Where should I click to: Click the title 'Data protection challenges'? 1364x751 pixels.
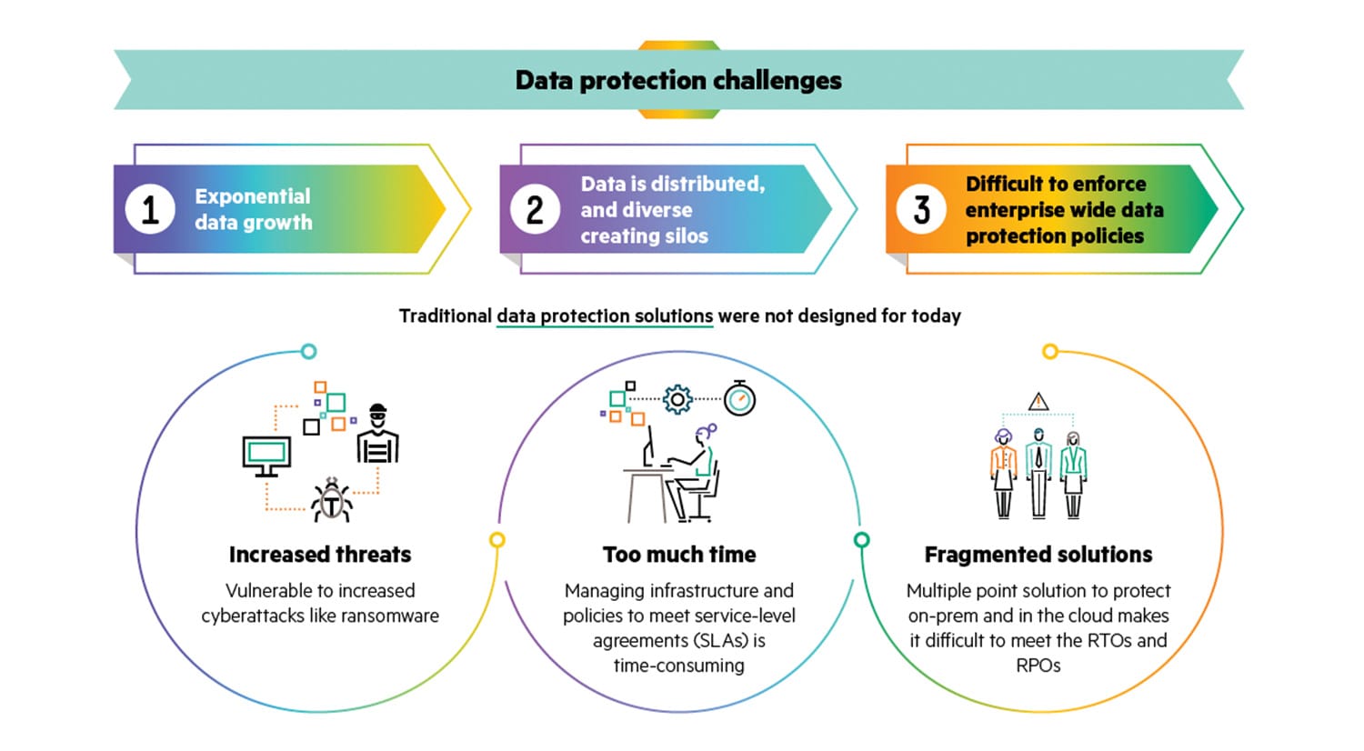(678, 81)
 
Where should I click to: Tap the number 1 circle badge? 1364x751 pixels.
(150, 209)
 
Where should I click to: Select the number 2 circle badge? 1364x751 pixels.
(536, 209)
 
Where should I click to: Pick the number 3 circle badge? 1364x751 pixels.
(921, 209)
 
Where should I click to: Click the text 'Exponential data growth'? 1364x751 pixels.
(254, 209)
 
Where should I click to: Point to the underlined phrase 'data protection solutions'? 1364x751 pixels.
(605, 316)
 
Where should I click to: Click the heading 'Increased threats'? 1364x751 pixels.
(320, 555)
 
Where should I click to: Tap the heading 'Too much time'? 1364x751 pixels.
(679, 555)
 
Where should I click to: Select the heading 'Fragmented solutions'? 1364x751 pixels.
(1038, 555)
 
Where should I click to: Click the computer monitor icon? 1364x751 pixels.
(266, 455)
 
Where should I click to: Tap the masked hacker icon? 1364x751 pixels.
(377, 434)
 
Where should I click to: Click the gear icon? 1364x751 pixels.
(677, 399)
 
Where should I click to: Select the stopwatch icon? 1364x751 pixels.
(740, 398)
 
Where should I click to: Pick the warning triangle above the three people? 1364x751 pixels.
(1038, 401)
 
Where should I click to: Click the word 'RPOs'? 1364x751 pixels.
(1038, 666)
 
